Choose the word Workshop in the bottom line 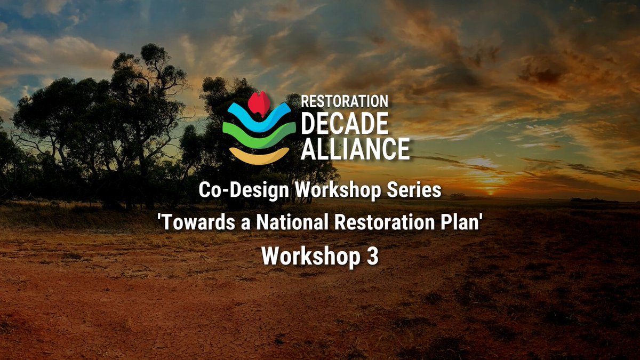(x=310, y=257)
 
